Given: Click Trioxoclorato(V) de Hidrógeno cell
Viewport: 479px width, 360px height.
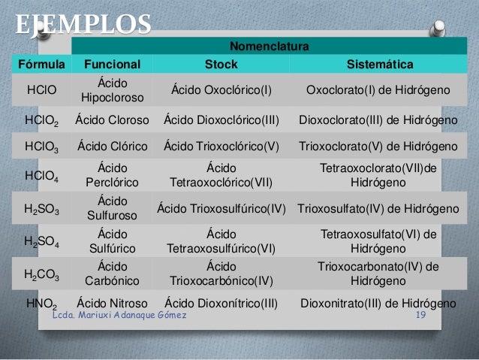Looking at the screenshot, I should coord(379,146).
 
